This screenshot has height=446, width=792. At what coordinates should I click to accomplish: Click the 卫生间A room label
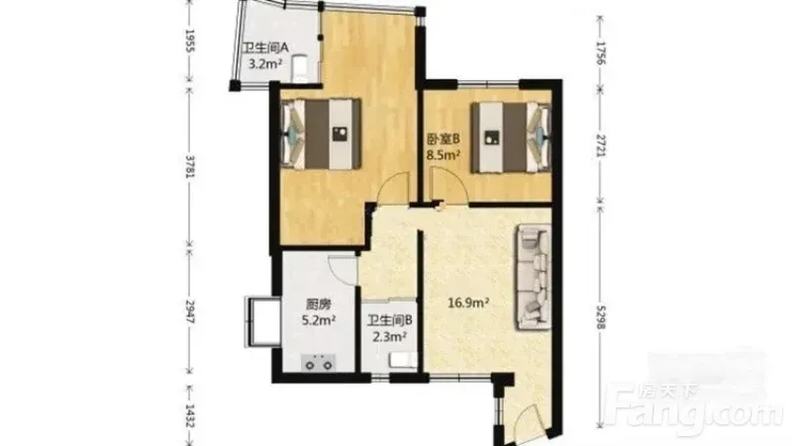point(265,47)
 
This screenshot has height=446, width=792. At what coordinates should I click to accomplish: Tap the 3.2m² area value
point(264,63)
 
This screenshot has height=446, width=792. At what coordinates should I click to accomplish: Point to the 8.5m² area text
point(444,154)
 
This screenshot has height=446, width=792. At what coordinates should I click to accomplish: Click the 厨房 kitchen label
point(319,305)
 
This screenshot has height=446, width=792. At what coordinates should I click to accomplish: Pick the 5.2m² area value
point(319,319)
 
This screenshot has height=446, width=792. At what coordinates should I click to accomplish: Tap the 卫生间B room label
point(390,320)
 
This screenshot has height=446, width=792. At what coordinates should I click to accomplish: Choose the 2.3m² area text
point(390,336)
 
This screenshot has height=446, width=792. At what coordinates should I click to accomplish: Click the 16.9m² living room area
point(468,304)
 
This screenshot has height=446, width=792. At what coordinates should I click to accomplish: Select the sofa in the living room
point(534,277)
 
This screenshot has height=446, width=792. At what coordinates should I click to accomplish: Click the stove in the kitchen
point(318,362)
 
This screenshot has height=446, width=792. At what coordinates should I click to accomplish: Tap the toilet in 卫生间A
point(301,67)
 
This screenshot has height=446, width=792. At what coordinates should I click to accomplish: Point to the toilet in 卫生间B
point(403,360)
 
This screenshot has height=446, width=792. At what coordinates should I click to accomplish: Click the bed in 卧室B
point(511,136)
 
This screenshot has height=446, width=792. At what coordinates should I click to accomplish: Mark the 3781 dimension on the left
point(190,166)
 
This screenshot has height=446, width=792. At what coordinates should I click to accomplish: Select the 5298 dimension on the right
point(600,317)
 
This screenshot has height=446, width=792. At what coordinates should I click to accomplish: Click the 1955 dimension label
point(190,41)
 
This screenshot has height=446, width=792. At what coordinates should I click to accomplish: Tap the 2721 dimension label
point(600,145)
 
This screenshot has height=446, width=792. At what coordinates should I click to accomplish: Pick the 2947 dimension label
point(190,312)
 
